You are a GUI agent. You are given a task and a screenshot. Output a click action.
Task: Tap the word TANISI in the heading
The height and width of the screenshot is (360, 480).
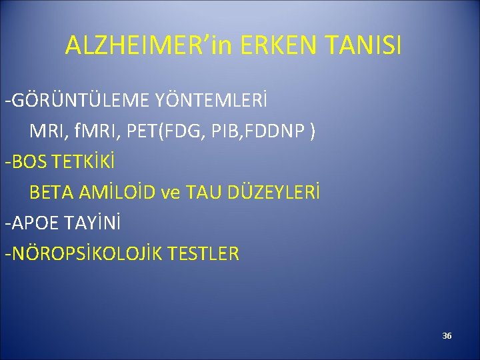(x=364, y=45)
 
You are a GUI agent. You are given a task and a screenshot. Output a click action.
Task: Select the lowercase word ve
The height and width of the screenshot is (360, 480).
(x=171, y=193)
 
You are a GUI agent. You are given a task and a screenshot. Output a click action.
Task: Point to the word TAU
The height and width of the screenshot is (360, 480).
(x=203, y=193)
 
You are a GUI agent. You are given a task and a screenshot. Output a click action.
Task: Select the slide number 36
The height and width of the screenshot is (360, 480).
(x=447, y=335)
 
